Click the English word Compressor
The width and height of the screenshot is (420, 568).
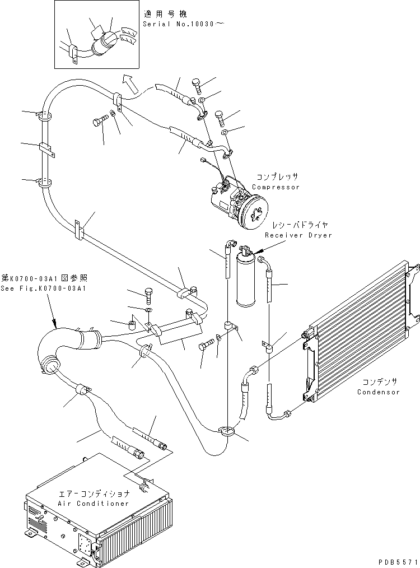pos(276,187)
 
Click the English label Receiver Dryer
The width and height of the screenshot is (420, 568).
pos(298,235)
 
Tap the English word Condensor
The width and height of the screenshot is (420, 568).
pos(379,392)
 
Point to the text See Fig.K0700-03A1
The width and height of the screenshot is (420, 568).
pos(44,288)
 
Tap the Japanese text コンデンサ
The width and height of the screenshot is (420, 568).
pos(379,381)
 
